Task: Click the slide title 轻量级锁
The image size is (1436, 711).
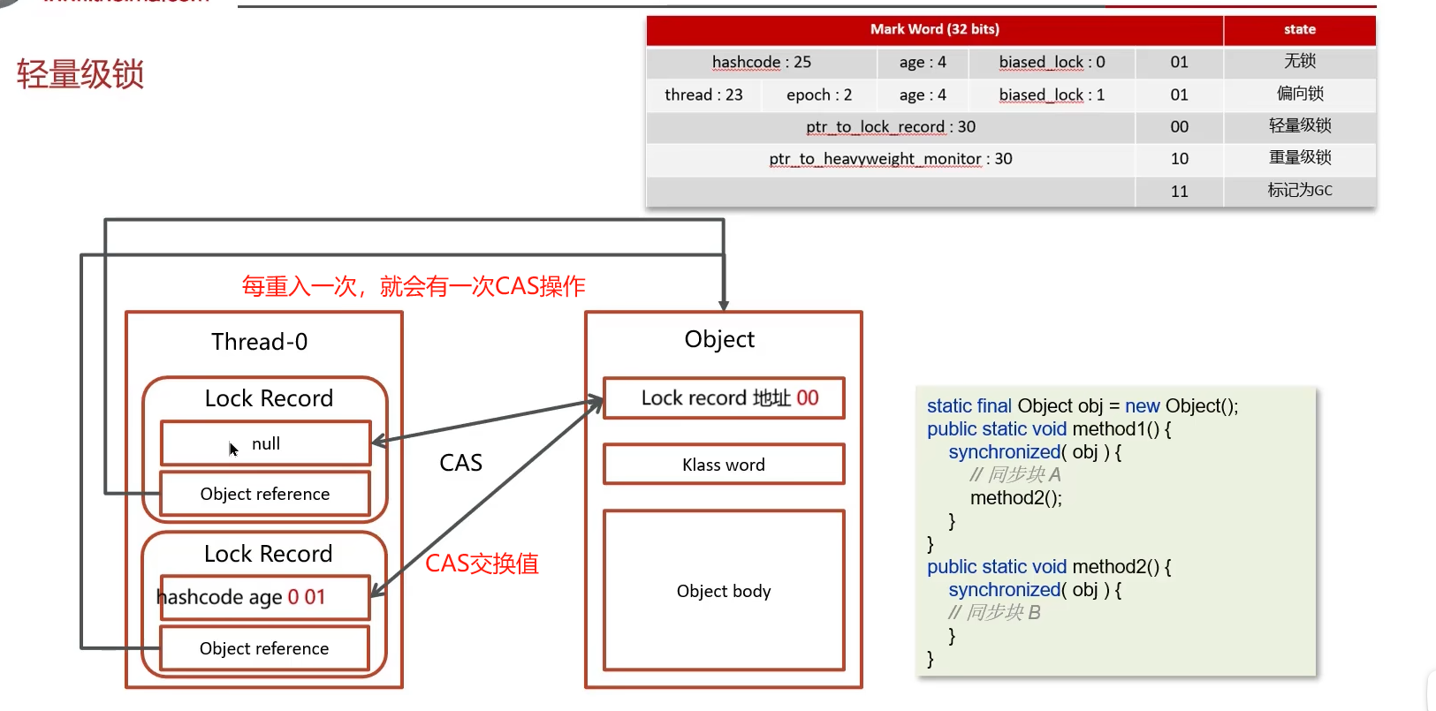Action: click(x=80, y=74)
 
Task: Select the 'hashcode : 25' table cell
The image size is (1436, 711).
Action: click(x=761, y=62)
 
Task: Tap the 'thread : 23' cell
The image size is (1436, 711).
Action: click(x=703, y=95)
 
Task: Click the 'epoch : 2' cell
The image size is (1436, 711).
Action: click(x=819, y=95)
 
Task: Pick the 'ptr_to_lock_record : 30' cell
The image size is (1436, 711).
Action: click(x=890, y=126)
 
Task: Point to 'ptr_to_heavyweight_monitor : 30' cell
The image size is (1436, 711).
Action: click(x=890, y=159)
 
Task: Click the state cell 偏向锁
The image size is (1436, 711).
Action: click(x=1299, y=94)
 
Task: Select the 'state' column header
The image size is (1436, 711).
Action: click(x=1299, y=29)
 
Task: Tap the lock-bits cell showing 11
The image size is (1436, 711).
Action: click(x=1179, y=191)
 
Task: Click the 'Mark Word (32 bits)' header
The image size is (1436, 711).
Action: click(x=934, y=29)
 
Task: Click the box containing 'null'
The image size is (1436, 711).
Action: click(x=265, y=443)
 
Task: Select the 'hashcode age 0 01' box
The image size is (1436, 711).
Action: click(x=263, y=597)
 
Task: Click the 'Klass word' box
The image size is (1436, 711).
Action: click(x=723, y=465)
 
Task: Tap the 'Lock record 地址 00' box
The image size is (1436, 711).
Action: click(x=723, y=398)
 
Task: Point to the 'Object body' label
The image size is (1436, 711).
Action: click(x=723, y=591)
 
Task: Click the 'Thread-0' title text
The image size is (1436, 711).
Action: click(x=259, y=342)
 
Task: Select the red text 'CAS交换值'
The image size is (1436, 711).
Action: click(x=482, y=564)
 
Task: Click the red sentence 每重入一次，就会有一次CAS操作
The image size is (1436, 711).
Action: click(x=414, y=286)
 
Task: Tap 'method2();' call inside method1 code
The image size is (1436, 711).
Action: click(x=1015, y=498)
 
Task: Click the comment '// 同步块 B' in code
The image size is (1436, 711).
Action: click(x=994, y=612)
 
